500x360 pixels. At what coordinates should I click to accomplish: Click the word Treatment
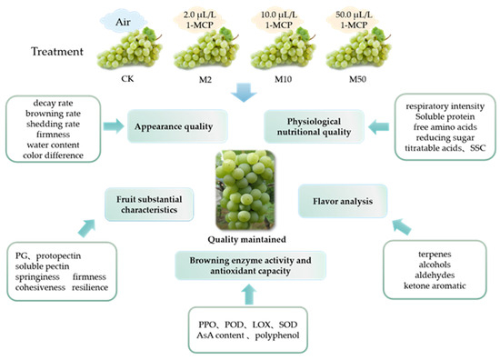[53, 53]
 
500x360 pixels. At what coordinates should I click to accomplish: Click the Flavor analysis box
[337, 193]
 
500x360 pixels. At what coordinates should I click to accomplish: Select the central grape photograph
[251, 192]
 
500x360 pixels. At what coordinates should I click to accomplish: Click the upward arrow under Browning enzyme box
[251, 293]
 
